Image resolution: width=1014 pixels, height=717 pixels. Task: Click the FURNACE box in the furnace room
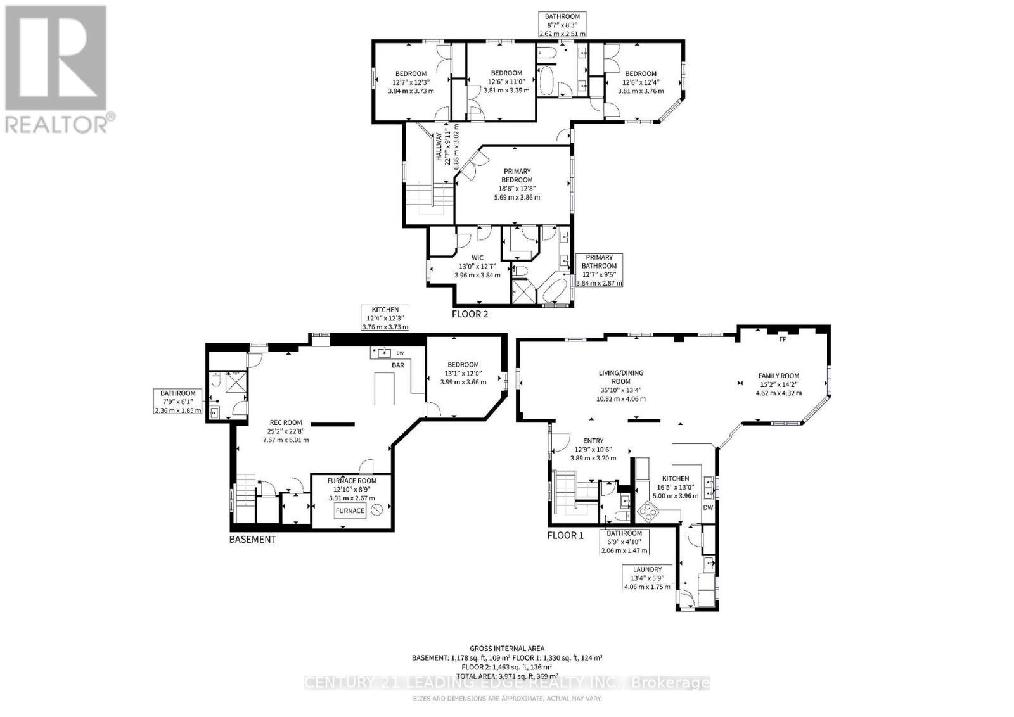click(x=350, y=511)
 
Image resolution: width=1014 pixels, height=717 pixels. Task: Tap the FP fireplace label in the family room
click(x=783, y=339)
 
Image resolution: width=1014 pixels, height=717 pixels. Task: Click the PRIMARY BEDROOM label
click(x=517, y=175)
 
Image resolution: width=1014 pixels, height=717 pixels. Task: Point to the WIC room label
click(x=477, y=258)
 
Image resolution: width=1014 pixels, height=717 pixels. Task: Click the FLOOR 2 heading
click(x=470, y=314)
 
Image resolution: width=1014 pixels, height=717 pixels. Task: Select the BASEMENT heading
click(x=253, y=540)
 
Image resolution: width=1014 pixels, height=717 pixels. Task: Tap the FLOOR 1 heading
click(x=565, y=535)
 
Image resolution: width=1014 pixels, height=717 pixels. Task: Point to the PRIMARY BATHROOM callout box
click(x=599, y=270)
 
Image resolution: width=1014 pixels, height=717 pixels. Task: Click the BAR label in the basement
click(x=398, y=365)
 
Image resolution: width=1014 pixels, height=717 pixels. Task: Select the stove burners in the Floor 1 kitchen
click(x=650, y=511)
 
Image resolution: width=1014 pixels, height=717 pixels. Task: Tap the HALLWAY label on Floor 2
click(x=438, y=149)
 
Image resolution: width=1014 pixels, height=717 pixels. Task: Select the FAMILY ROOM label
click(x=779, y=376)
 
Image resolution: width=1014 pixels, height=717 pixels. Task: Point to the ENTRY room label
click(x=593, y=441)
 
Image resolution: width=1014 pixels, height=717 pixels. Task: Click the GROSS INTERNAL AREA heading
click(x=506, y=649)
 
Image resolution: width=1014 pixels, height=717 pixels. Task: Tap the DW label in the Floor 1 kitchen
click(x=708, y=508)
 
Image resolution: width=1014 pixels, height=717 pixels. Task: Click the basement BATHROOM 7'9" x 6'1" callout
click(x=178, y=402)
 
